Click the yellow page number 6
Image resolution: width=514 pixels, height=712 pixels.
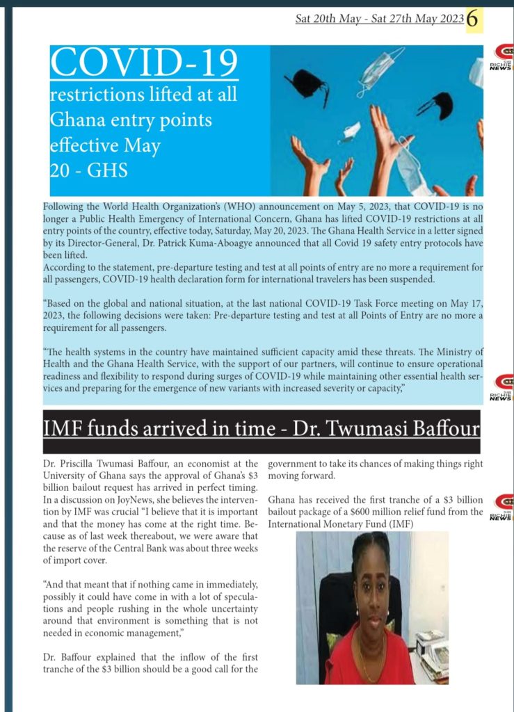click(x=474, y=19)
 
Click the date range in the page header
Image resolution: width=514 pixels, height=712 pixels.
click(x=379, y=20)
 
